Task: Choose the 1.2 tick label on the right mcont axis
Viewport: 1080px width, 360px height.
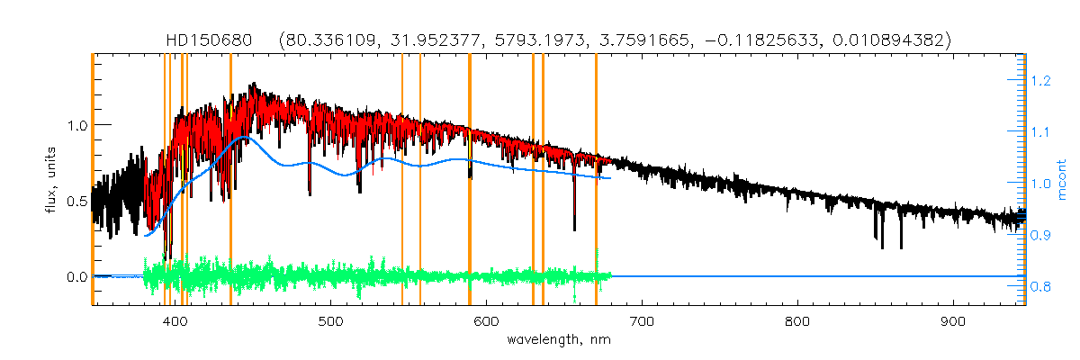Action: click(1040, 81)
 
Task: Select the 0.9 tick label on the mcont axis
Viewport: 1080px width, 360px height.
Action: click(1040, 236)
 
